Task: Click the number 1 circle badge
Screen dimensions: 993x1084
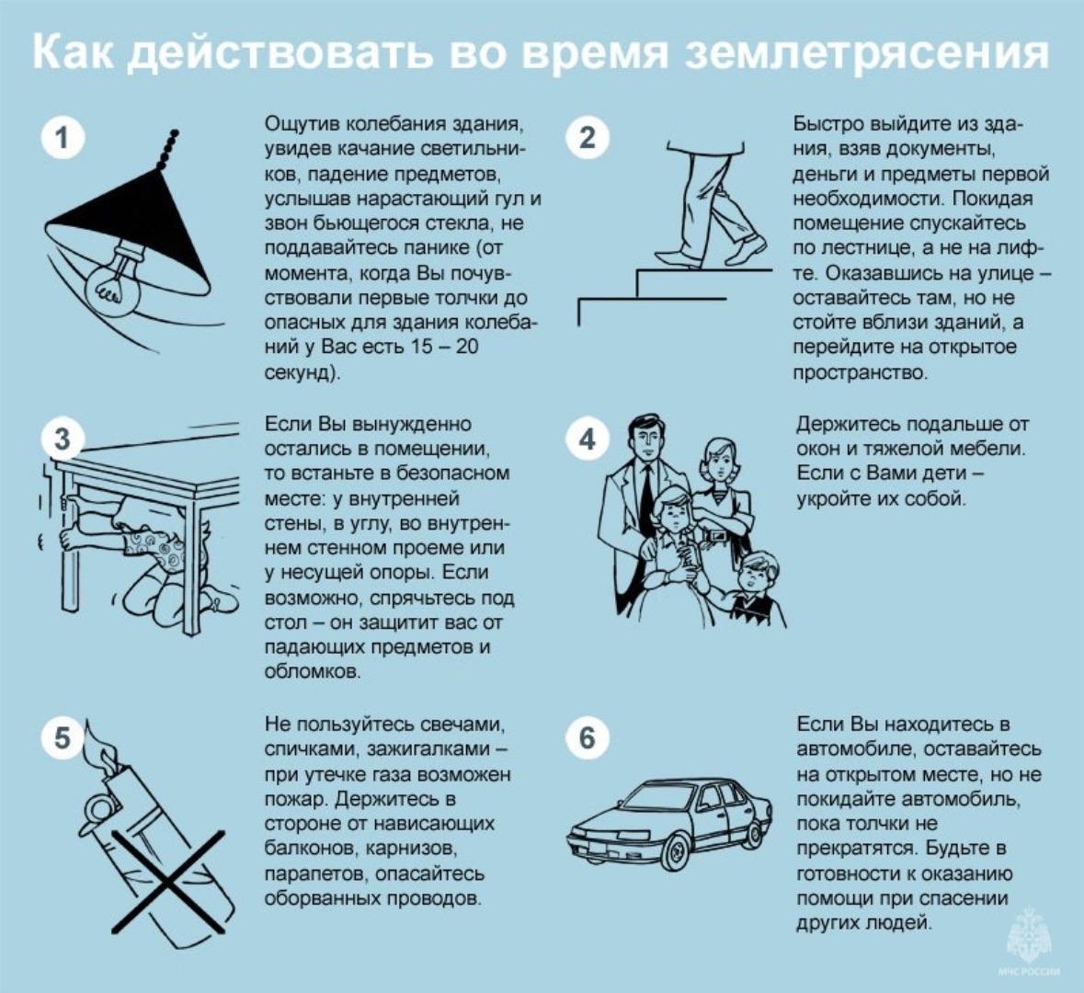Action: pos(62,138)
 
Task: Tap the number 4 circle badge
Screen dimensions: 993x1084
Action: pos(588,439)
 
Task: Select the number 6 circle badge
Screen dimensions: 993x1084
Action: pos(588,737)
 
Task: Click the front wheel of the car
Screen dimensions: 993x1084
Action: pos(669,850)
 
